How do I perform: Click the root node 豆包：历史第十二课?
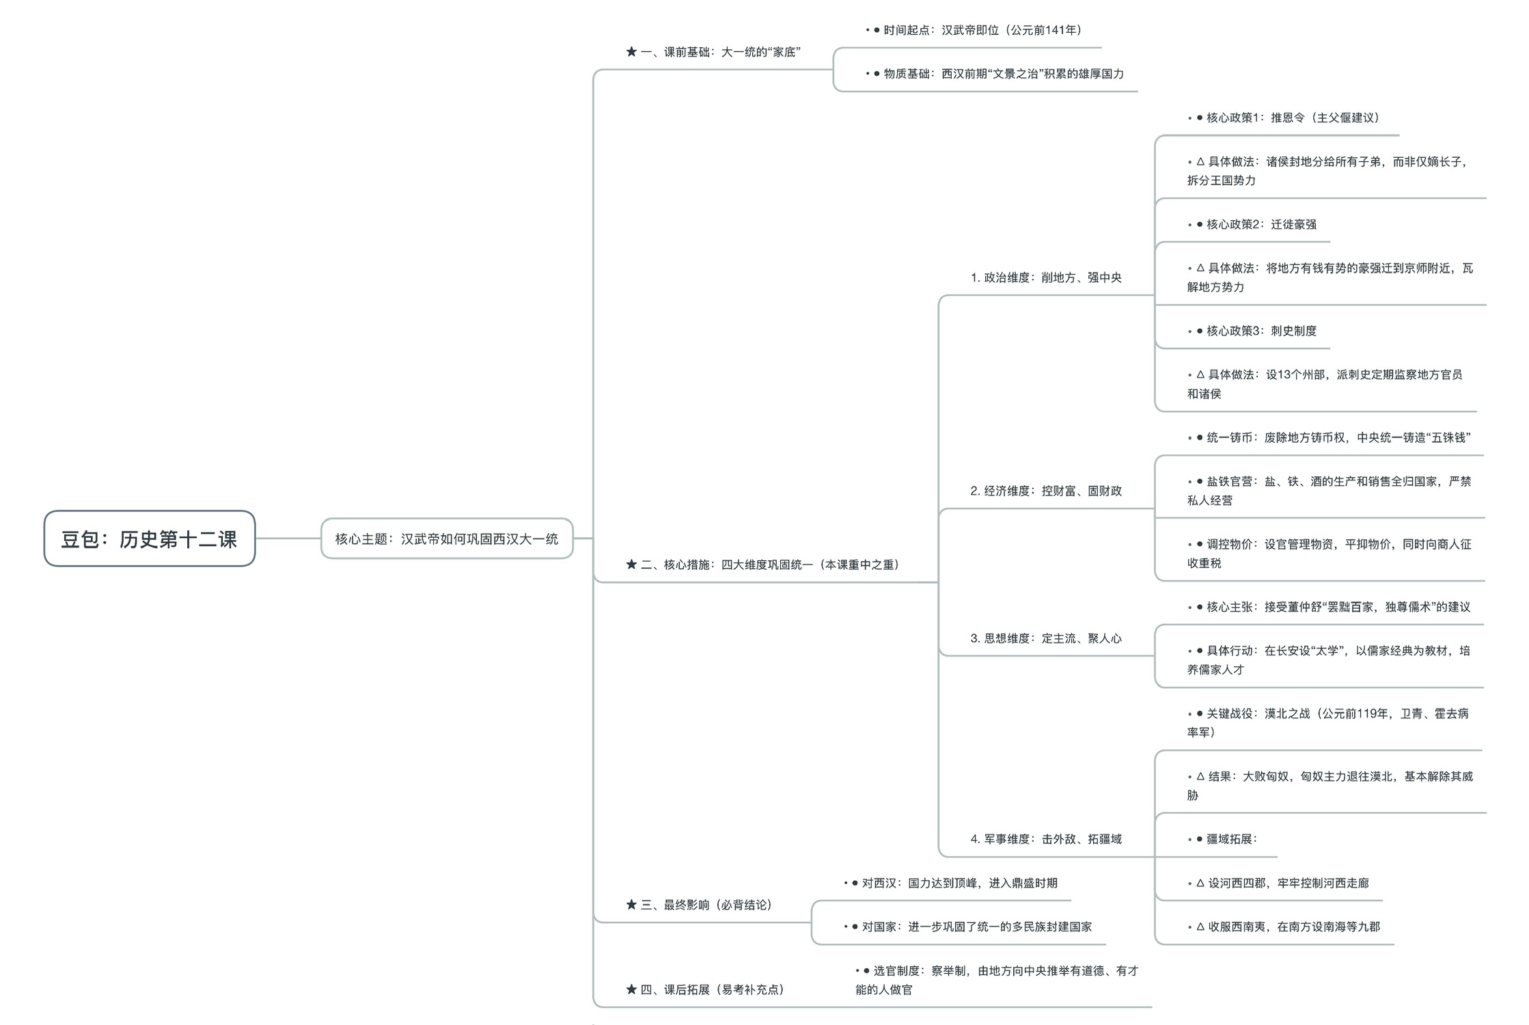click(149, 539)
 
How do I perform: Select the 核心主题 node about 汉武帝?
click(446, 539)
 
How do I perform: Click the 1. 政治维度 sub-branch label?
click(1046, 277)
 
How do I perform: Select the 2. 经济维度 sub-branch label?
click(1046, 491)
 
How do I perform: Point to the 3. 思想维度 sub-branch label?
click(1046, 638)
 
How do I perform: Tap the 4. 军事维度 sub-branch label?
click(1046, 839)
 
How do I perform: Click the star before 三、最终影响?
click(631, 905)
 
